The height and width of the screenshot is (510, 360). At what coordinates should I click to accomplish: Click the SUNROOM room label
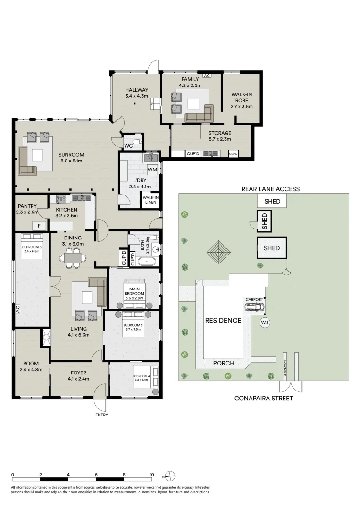pos(71,155)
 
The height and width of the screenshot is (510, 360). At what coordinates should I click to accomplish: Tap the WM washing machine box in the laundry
pos(152,170)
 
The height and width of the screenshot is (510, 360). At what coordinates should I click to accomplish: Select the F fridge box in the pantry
pos(39,226)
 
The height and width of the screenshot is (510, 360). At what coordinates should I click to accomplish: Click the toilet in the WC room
pos(138,142)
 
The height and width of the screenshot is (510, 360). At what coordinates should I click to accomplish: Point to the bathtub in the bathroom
pos(147,262)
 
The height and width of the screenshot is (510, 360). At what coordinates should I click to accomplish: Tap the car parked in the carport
pos(254,307)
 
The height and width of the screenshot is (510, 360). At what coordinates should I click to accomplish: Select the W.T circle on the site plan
pos(265,323)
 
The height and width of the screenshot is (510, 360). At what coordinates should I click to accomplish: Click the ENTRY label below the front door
pos(102,415)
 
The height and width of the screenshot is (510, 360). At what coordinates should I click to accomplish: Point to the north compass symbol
pos(170,476)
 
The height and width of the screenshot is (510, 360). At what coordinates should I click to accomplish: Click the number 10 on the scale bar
pos(151,475)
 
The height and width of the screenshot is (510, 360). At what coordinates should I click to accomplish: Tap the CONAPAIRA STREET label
pos(263,399)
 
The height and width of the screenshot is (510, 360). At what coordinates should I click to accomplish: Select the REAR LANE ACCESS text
pos(270,189)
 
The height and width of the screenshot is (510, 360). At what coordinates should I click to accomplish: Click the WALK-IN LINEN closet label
pos(151,200)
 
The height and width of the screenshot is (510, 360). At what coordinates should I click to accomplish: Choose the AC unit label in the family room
pos(207,76)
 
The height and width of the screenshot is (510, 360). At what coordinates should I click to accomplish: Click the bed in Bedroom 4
pos(145,377)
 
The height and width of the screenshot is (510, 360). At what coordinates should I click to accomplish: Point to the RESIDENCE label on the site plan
pos(223,320)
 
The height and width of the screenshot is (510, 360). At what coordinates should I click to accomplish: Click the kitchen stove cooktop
pos(61,198)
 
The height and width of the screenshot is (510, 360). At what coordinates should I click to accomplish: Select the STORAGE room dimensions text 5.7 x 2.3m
pos(220,139)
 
